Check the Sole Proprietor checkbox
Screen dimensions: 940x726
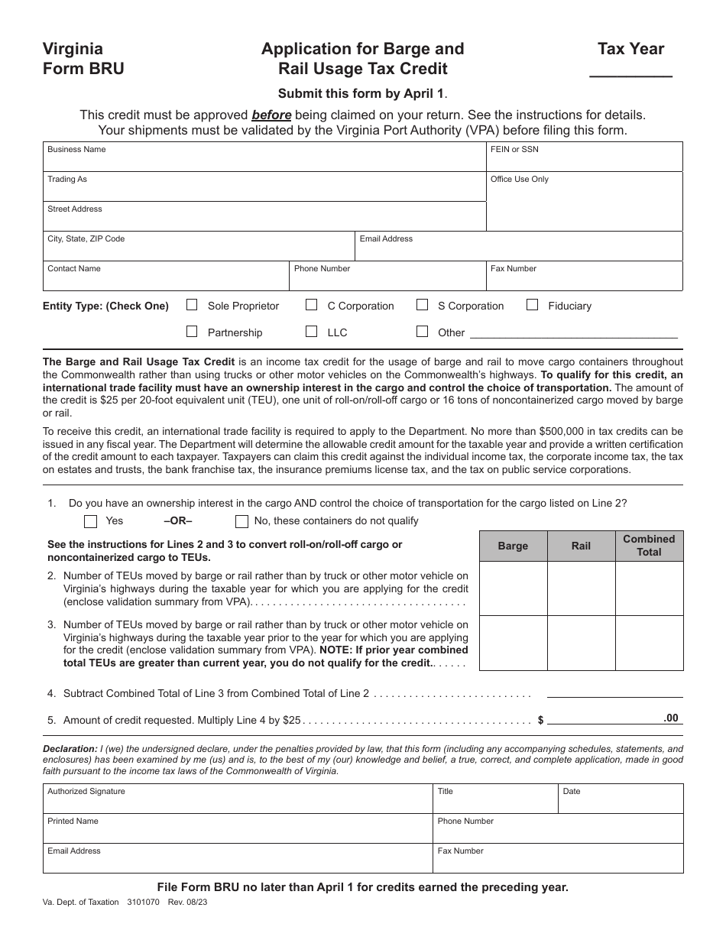(193, 305)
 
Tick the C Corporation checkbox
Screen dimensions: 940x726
(312, 305)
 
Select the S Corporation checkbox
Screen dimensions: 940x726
(422, 305)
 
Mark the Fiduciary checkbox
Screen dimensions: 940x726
(533, 305)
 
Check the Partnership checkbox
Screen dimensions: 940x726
(193, 332)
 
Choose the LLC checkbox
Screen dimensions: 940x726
(312, 332)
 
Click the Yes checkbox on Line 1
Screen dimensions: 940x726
(91, 522)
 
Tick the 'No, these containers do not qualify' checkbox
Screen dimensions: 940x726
(242, 522)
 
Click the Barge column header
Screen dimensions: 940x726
(513, 546)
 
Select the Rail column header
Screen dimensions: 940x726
(581, 546)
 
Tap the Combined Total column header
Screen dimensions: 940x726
(649, 546)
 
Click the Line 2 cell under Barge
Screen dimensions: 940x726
(513, 588)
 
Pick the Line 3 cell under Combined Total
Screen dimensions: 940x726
(649, 643)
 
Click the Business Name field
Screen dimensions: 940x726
(264, 160)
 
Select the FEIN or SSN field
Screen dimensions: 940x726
(585, 160)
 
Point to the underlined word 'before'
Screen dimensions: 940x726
(271, 115)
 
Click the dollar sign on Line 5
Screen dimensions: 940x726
(541, 720)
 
